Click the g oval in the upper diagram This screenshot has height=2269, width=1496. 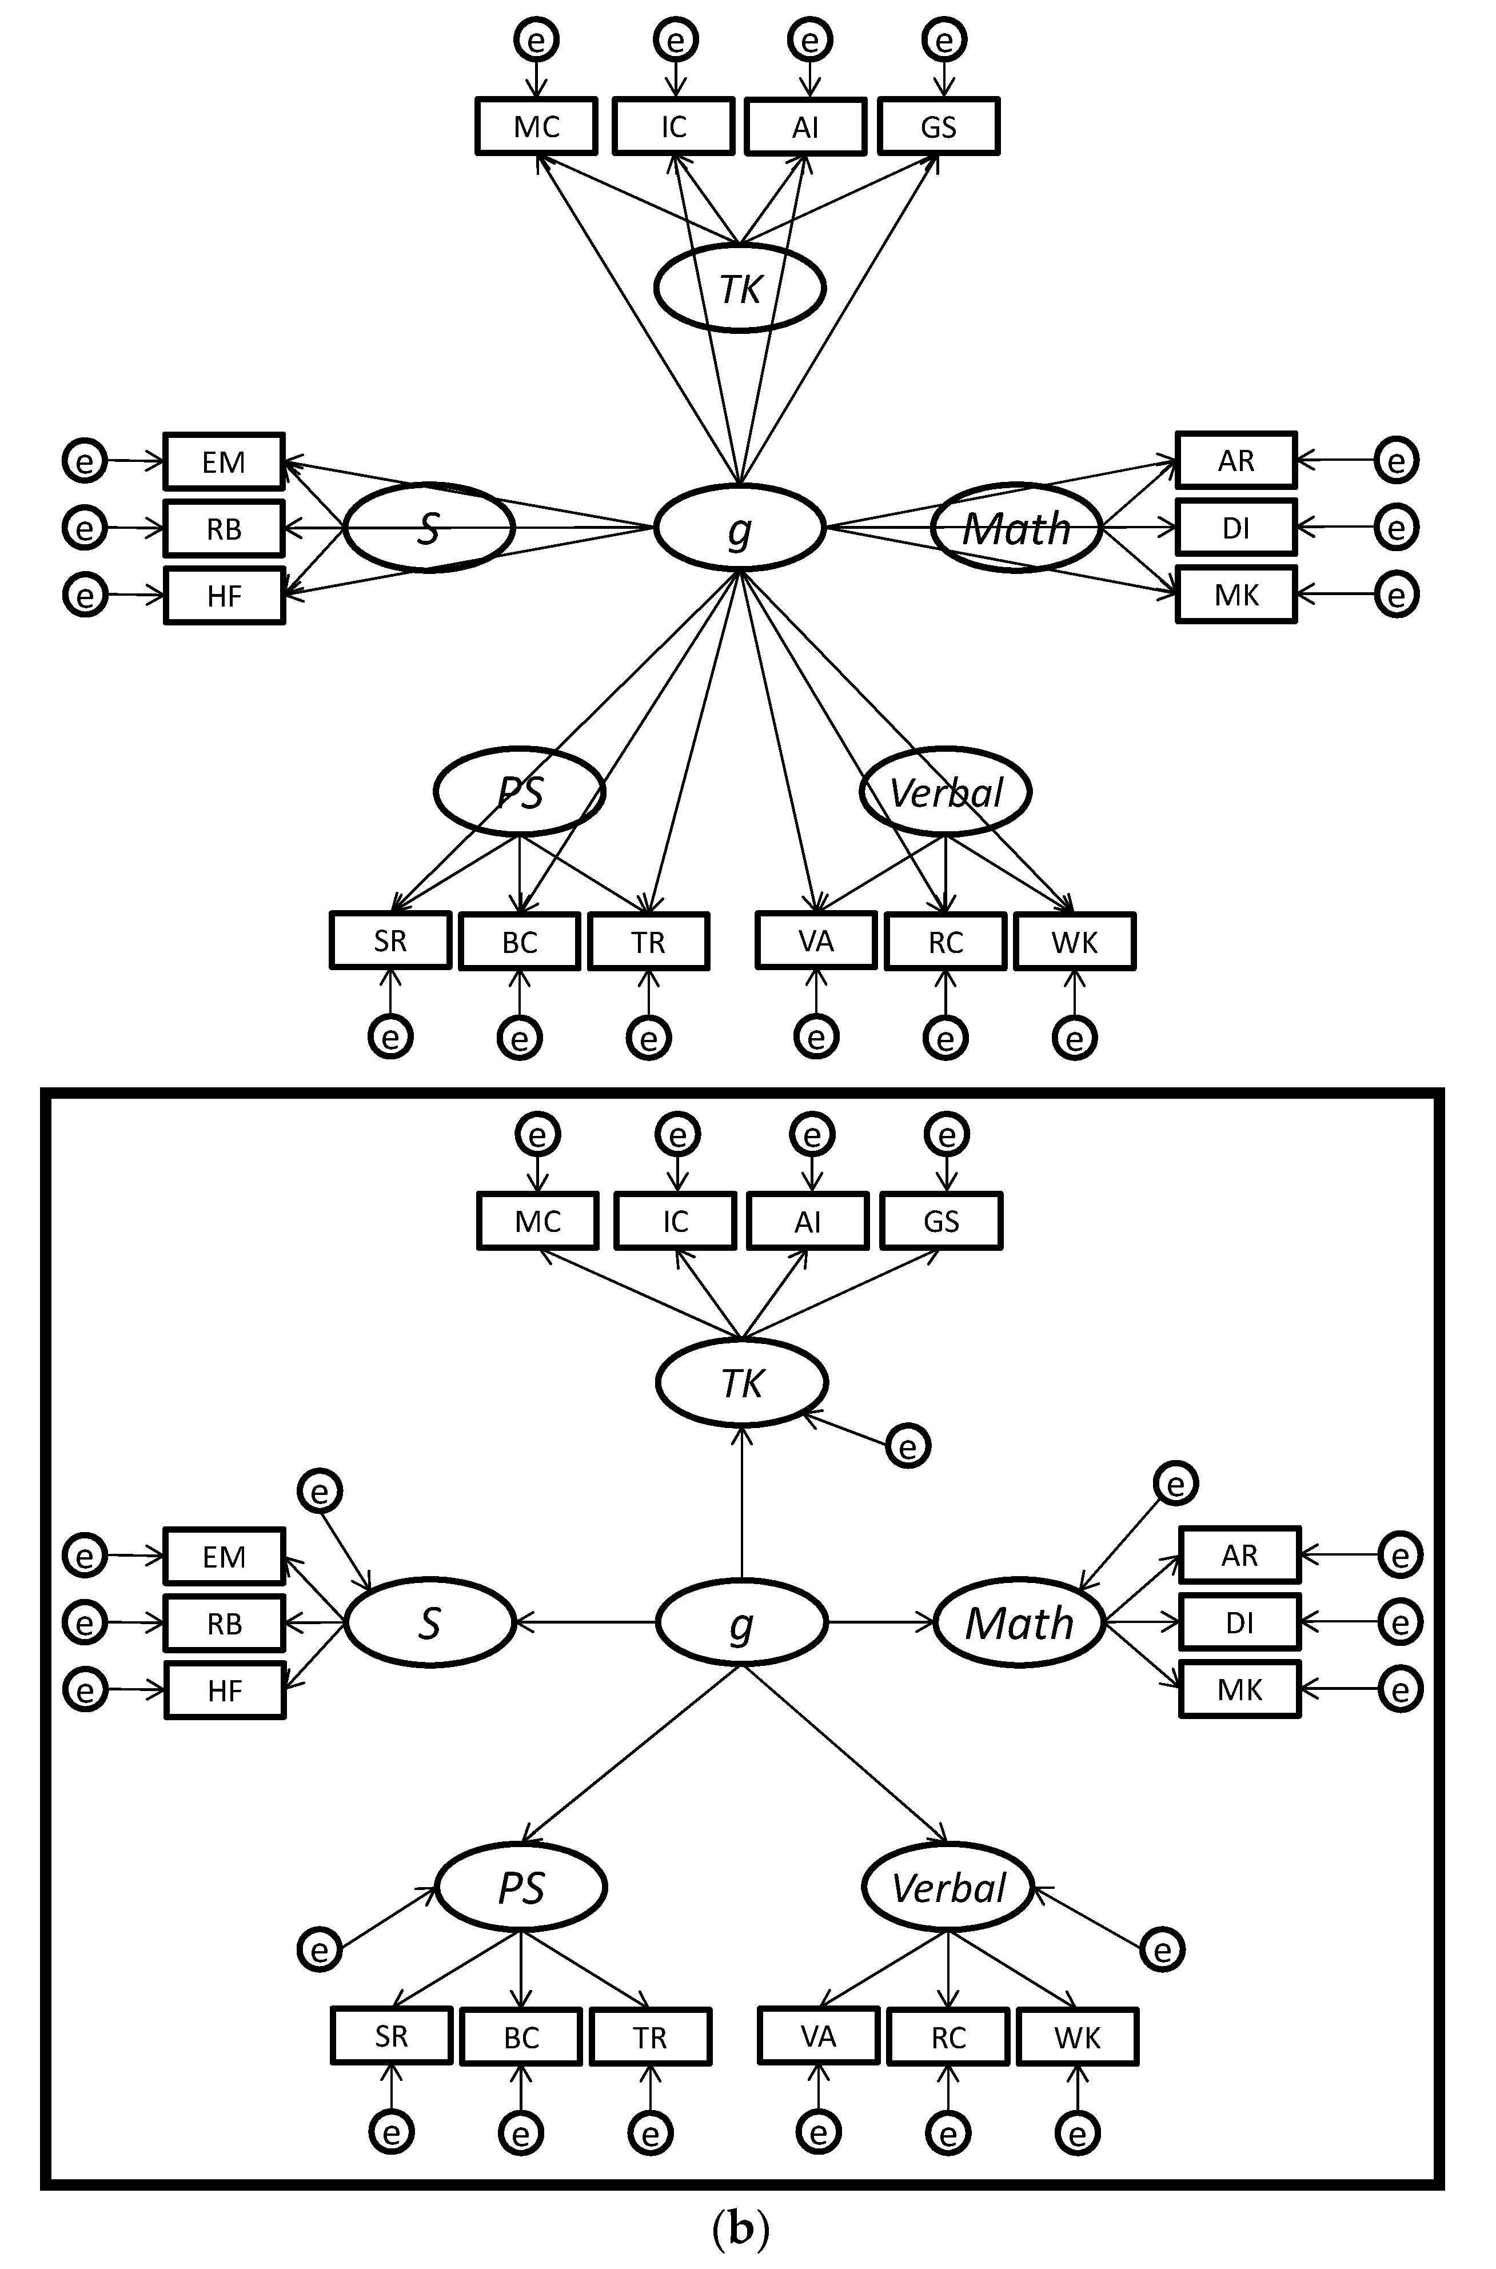point(739,528)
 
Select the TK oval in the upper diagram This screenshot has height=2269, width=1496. point(739,287)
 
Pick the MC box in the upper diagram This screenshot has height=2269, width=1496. point(536,126)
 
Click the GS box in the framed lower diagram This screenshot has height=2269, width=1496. point(941,1221)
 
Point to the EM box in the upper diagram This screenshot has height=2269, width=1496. point(224,462)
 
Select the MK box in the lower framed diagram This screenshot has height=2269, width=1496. point(1239,1690)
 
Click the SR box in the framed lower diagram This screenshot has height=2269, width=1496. point(391,2036)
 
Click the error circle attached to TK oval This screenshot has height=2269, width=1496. point(907,1446)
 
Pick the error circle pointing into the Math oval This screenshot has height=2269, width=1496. point(1175,1484)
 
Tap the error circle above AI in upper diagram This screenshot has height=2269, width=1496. point(810,40)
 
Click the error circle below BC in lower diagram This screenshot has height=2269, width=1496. point(521,2132)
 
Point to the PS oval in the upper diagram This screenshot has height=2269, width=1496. point(520,792)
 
